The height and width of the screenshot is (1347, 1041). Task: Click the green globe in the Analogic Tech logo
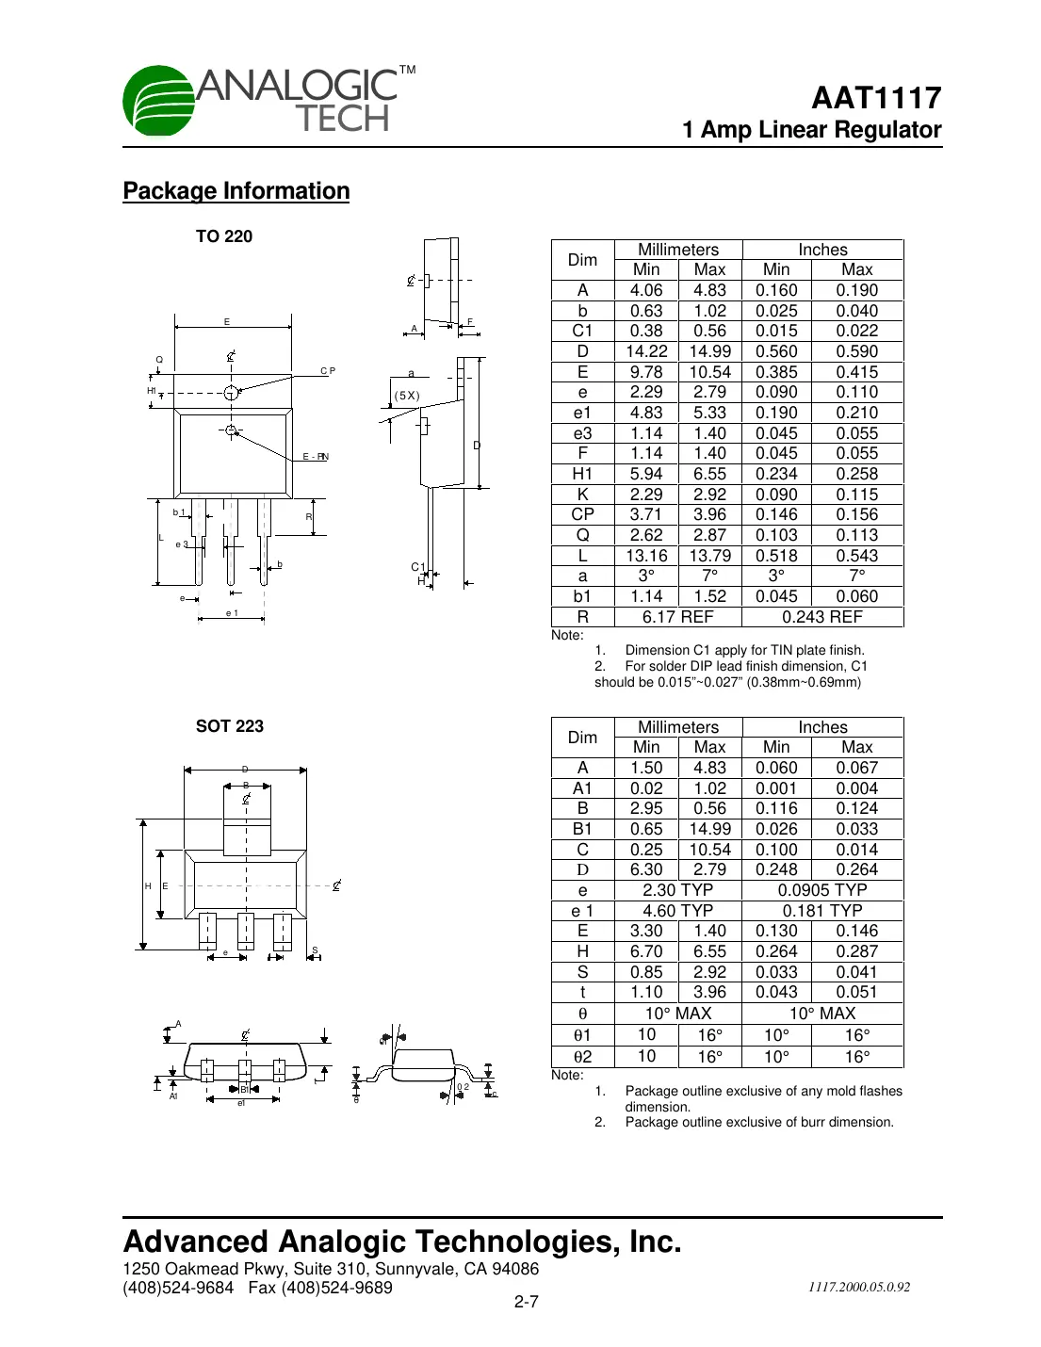pyautogui.click(x=158, y=101)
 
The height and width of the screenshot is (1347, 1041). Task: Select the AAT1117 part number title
pyautogui.click(x=876, y=98)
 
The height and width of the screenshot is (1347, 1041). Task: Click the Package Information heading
pyautogui.click(x=236, y=191)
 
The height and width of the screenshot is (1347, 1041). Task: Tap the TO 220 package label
pyautogui.click(x=224, y=236)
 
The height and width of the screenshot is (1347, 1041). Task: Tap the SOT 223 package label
pyautogui.click(x=229, y=726)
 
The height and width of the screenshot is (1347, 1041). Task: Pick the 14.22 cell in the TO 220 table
pyautogui.click(x=646, y=351)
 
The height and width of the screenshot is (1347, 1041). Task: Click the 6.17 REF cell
pyautogui.click(x=677, y=617)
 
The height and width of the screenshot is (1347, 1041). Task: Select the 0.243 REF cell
pyautogui.click(x=822, y=617)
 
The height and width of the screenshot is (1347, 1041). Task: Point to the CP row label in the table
pyautogui.click(x=582, y=514)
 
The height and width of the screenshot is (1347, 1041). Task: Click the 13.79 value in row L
pyautogui.click(x=709, y=556)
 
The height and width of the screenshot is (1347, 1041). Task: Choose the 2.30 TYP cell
pyautogui.click(x=677, y=890)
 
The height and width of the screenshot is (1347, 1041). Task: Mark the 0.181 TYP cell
pyautogui.click(x=822, y=911)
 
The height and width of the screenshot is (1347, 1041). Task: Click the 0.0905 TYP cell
pyautogui.click(x=822, y=890)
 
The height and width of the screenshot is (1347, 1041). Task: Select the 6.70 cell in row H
pyautogui.click(x=646, y=951)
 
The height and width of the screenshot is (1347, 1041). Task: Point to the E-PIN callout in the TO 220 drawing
pyautogui.click(x=316, y=457)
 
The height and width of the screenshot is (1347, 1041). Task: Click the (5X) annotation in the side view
pyautogui.click(x=407, y=396)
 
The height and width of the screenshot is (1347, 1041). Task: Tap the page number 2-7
pyautogui.click(x=526, y=1302)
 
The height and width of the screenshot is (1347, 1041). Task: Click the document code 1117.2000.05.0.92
pyautogui.click(x=858, y=1287)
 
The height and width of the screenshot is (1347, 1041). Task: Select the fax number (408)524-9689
pyautogui.click(x=336, y=1288)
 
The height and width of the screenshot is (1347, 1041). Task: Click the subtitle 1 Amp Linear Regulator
pyautogui.click(x=811, y=130)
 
